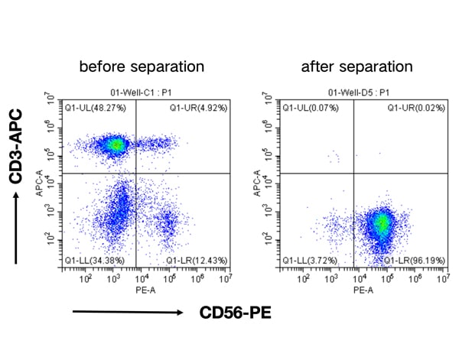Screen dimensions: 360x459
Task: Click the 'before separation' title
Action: tap(142, 66)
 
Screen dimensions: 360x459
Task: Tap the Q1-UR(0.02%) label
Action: tap(415, 108)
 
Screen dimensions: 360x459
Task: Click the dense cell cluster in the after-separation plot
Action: tap(382, 223)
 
